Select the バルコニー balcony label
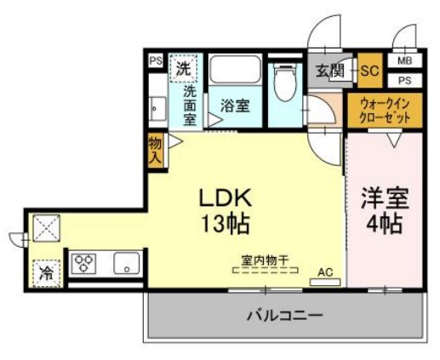pos(285,316)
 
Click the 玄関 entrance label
pos(329,71)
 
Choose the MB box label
pos(403,61)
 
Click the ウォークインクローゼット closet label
pos(384,110)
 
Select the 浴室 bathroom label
pos(235,106)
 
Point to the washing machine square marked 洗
pos(184,68)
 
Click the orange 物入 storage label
pos(155,151)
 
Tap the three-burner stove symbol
pos(86,262)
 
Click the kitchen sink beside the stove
pos(125,263)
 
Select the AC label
pos(325,271)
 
